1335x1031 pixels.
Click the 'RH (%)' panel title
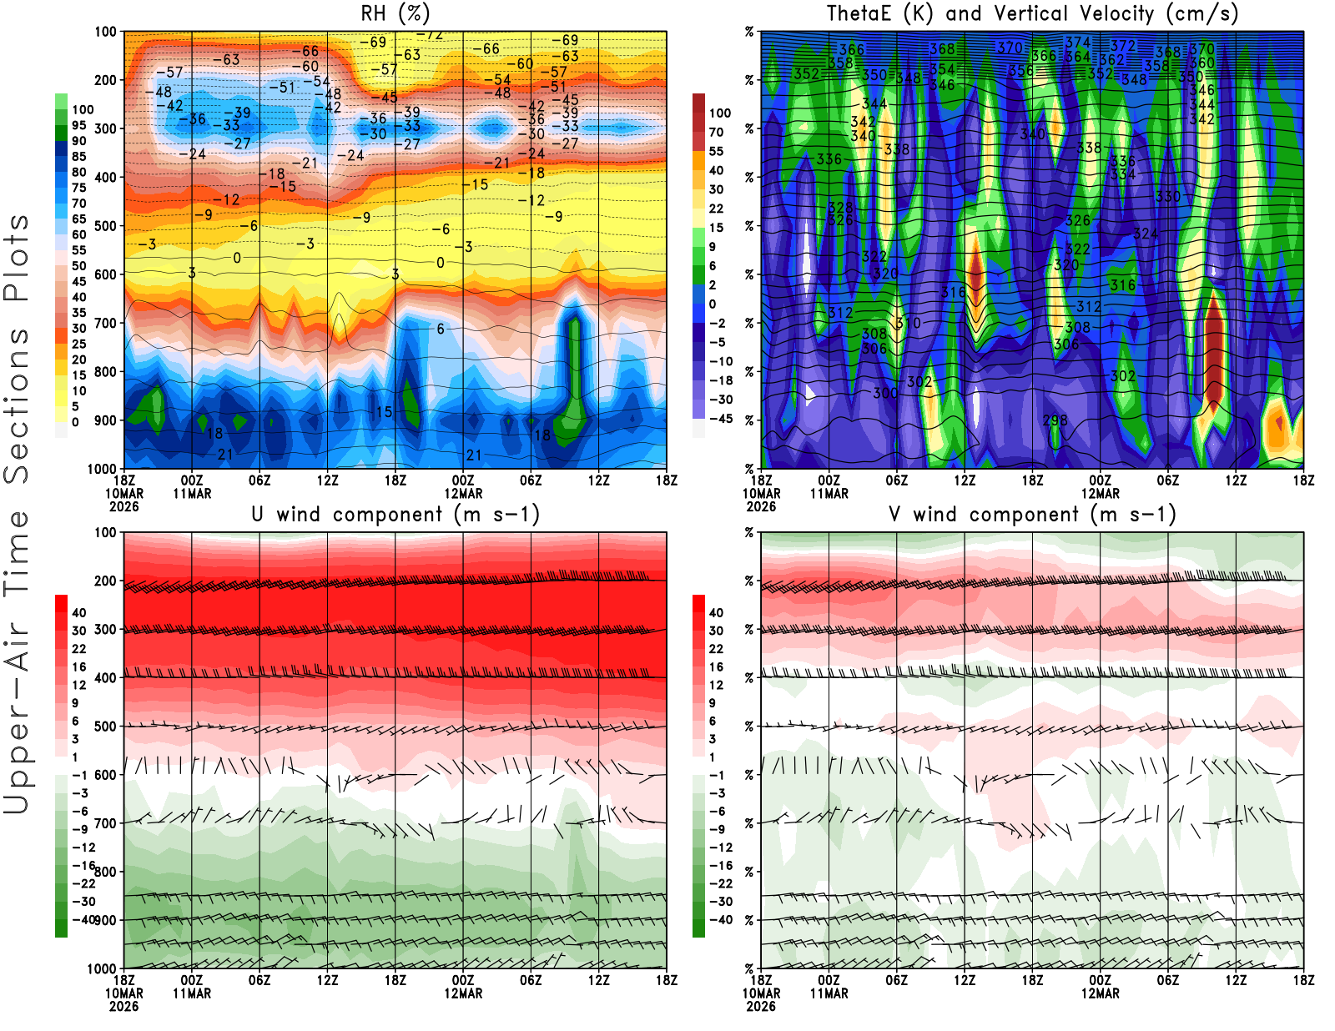[395, 13]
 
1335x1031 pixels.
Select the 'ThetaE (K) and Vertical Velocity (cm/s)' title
[1032, 13]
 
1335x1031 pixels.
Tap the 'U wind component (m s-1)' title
[395, 514]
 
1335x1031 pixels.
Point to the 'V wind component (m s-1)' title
[1032, 514]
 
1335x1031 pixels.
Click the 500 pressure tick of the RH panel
[105, 226]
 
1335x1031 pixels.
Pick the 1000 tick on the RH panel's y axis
[102, 469]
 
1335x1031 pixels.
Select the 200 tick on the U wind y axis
[105, 581]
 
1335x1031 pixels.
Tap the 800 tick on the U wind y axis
[105, 872]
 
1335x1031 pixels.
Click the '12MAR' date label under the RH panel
[463, 494]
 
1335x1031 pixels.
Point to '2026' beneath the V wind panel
[761, 1007]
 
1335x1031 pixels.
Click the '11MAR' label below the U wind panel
[192, 994]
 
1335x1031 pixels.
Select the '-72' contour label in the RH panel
[431, 35]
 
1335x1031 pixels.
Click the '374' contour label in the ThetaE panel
[1078, 43]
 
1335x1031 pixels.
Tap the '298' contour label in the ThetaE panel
[1055, 420]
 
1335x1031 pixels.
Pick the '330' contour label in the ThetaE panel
[1168, 197]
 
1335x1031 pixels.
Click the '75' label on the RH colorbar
[79, 188]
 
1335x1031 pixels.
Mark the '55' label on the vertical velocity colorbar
[716, 151]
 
